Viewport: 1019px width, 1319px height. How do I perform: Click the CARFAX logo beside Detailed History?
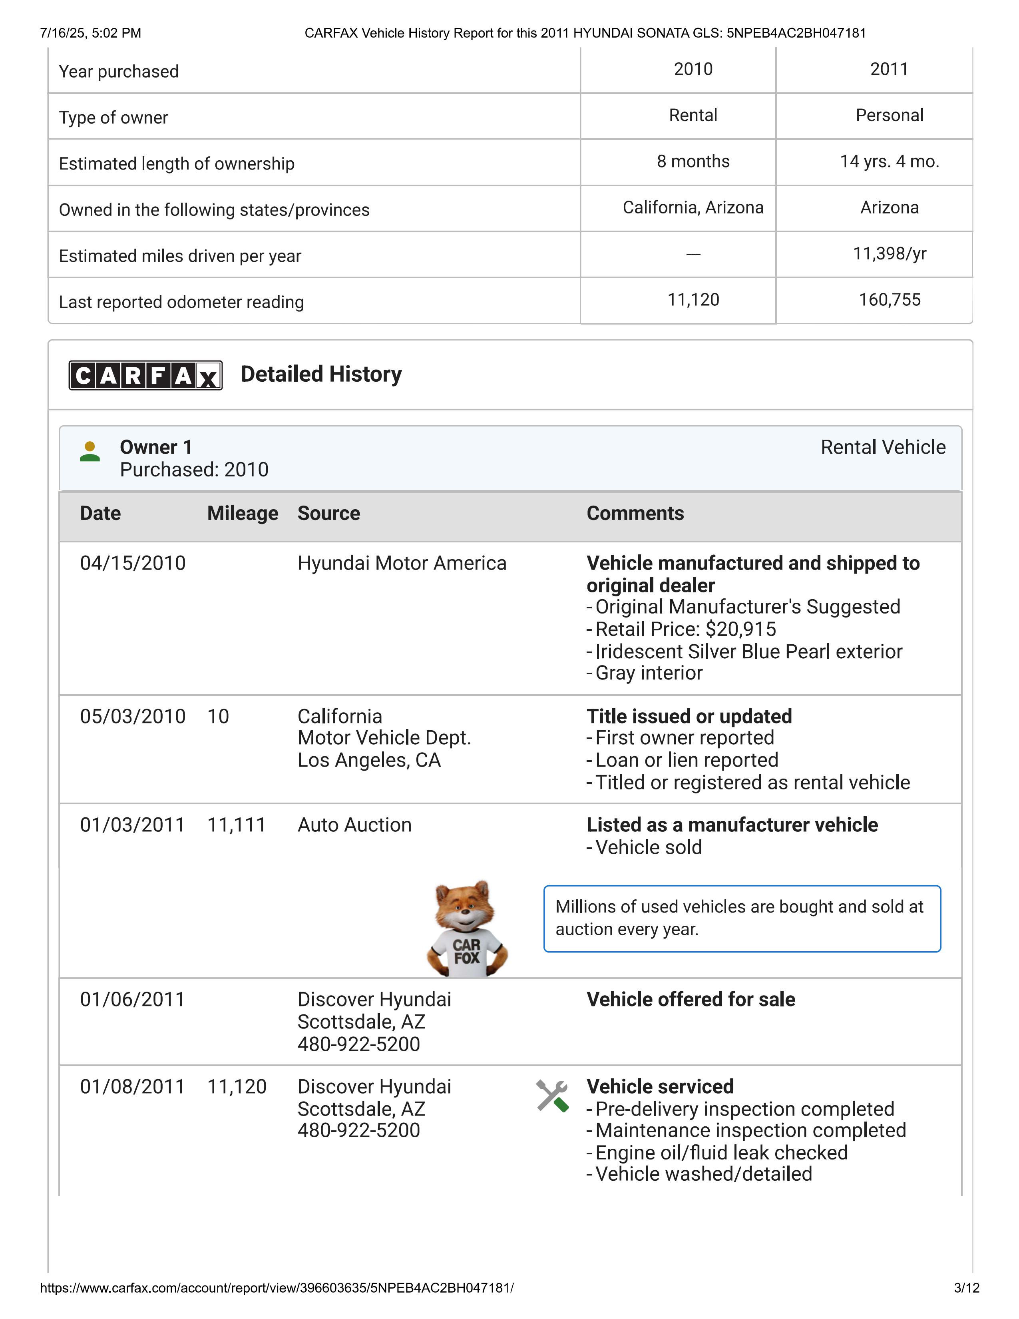[145, 375]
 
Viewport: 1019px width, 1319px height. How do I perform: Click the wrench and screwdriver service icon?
[552, 1096]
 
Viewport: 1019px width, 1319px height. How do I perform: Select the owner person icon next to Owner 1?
[90, 452]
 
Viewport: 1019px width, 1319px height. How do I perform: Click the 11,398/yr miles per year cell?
[889, 254]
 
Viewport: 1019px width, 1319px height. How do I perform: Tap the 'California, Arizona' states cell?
[693, 208]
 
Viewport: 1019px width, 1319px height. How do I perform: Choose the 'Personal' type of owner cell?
[889, 116]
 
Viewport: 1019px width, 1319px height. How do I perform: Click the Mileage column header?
[243, 513]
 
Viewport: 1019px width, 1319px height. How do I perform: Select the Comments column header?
[635, 513]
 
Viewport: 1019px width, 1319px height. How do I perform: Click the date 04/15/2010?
[133, 563]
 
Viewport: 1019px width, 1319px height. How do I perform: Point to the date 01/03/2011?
[132, 825]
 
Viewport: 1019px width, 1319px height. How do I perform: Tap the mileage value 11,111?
[237, 825]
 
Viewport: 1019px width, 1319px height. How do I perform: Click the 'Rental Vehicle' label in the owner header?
[883, 448]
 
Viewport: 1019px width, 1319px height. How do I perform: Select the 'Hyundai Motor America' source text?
[402, 563]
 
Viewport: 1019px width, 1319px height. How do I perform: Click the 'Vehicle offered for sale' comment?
[691, 1000]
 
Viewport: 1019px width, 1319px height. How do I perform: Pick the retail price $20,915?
[741, 629]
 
